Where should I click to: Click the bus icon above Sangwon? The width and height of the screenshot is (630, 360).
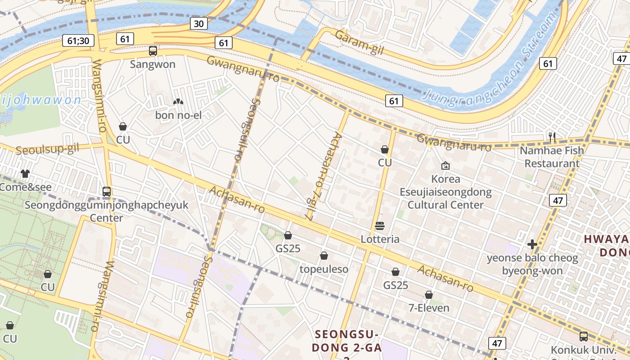[153, 51]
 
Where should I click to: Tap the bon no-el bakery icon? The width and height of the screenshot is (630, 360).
[178, 102]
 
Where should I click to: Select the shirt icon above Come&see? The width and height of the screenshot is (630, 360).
[25, 174]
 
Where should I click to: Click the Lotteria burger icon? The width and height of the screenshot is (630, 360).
[380, 225]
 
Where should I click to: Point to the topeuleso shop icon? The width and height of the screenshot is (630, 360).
[324, 256]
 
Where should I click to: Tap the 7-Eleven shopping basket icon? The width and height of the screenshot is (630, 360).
[429, 295]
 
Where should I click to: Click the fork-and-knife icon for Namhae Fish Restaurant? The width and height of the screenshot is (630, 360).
[552, 137]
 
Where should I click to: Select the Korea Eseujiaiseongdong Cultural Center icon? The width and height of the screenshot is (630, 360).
[445, 166]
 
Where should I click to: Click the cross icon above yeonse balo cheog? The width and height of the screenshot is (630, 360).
[532, 244]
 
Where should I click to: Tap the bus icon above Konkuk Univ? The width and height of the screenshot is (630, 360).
[583, 336]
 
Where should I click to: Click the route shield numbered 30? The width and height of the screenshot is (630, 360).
[198, 23]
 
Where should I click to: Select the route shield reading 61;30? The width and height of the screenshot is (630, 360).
[78, 41]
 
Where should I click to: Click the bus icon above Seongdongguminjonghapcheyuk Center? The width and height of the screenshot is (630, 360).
[107, 192]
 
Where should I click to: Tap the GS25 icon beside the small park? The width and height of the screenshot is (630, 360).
[288, 235]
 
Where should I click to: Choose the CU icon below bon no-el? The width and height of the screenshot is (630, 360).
[122, 126]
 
